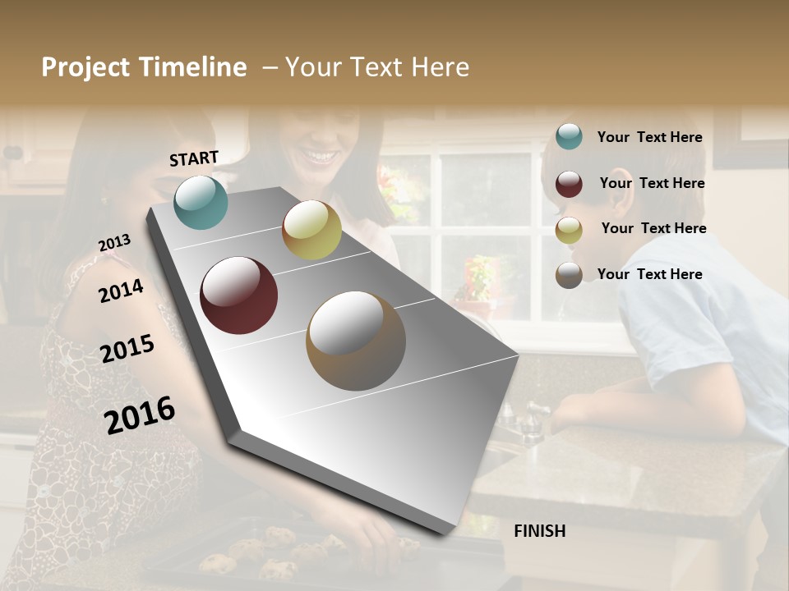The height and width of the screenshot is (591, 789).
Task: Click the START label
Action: (x=194, y=158)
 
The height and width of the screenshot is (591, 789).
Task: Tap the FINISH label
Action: (x=539, y=531)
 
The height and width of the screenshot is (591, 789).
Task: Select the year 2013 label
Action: (x=114, y=243)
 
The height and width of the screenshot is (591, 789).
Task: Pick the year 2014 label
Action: (x=121, y=291)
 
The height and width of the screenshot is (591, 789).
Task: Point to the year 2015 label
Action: (x=127, y=348)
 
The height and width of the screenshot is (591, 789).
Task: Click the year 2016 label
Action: (x=140, y=415)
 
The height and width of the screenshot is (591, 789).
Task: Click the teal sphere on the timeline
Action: (x=201, y=203)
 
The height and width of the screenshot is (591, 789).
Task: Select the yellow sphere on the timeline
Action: (x=311, y=230)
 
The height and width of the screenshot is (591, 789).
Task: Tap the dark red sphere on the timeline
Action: (x=239, y=295)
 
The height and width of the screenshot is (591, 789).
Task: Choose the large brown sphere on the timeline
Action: (x=356, y=341)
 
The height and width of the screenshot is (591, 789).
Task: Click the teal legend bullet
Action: (x=569, y=137)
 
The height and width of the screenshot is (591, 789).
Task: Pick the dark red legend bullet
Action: (x=569, y=184)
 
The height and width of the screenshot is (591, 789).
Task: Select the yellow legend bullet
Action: (x=569, y=230)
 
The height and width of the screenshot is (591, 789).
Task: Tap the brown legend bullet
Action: (x=569, y=275)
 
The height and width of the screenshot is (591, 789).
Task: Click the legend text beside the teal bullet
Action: (x=649, y=137)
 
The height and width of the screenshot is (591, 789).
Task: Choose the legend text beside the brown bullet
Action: (x=649, y=274)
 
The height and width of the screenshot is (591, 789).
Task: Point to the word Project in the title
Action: (x=85, y=67)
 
